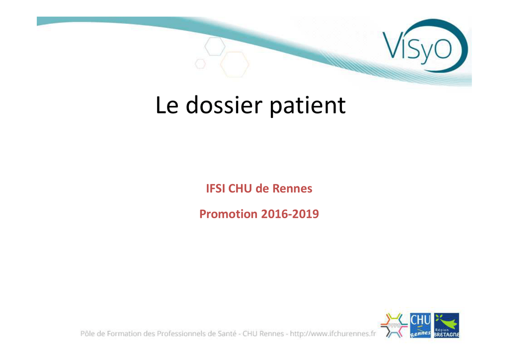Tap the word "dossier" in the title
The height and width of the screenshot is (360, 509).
(x=224, y=105)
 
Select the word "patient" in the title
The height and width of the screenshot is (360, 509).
(x=308, y=106)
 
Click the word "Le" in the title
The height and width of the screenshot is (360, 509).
(x=167, y=105)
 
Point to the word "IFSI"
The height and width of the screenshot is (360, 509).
(x=216, y=188)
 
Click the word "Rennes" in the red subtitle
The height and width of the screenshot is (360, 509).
(x=292, y=188)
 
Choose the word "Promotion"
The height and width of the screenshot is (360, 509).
(x=229, y=214)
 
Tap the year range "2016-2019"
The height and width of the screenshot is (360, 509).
(x=290, y=214)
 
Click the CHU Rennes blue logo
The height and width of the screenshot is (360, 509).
(x=421, y=325)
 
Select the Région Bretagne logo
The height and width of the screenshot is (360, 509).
(x=447, y=325)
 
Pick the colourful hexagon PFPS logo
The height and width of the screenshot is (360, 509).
(x=394, y=325)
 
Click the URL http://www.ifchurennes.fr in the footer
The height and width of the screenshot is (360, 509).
(x=333, y=334)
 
